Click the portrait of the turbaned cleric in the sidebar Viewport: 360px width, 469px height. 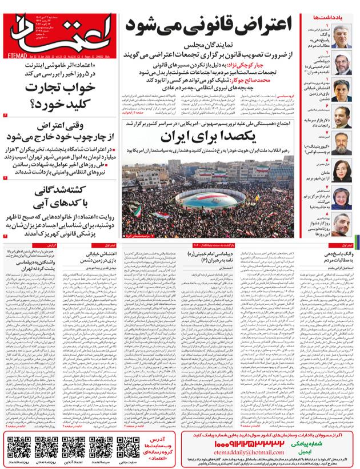point(345,66)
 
